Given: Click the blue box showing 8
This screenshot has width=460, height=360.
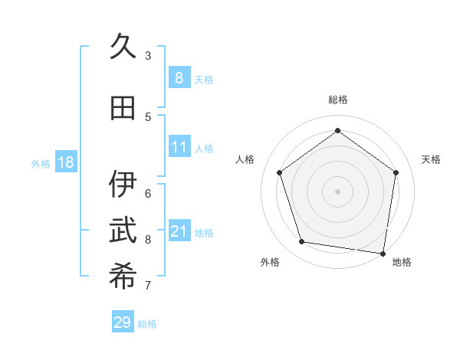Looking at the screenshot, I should (179, 78).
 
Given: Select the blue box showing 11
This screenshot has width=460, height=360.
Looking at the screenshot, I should (179, 147).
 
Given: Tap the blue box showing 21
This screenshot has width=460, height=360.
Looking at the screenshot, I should (179, 231).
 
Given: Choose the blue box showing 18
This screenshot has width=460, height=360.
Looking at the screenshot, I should (65, 162).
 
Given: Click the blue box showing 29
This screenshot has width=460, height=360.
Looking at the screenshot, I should (123, 322).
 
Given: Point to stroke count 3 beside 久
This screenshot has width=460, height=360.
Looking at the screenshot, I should (148, 56).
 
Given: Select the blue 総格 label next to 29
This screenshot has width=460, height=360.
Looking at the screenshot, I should (148, 324).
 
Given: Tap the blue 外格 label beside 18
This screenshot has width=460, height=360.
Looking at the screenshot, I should (41, 163).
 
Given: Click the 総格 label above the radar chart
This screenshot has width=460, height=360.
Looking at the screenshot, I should (337, 100).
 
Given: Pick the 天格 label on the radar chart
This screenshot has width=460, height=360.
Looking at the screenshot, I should (431, 159).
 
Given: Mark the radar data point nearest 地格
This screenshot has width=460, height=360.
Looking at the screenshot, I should (383, 253).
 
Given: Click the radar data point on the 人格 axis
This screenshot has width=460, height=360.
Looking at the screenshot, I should (280, 172).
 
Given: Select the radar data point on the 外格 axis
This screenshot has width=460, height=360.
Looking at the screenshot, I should (302, 242).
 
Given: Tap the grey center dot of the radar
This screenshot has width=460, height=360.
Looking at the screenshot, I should (337, 191).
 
